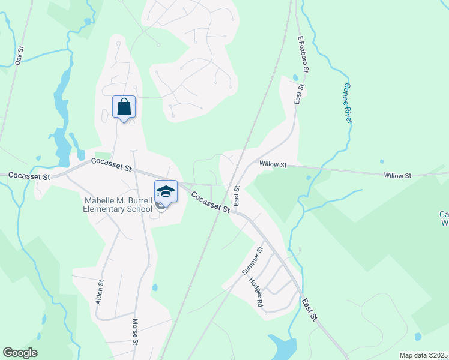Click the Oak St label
[19, 55]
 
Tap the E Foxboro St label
[303, 54]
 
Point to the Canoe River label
[347, 103]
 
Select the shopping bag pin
[124, 107]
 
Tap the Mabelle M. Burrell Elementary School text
[118, 205]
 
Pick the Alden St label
[100, 290]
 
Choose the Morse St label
[136, 332]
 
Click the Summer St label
[252, 260]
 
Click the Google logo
[20, 353]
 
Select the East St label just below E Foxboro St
[298, 94]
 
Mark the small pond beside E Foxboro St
[295, 77]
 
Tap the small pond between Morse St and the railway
[155, 287]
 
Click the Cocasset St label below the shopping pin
[111, 164]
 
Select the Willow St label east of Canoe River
[397, 175]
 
